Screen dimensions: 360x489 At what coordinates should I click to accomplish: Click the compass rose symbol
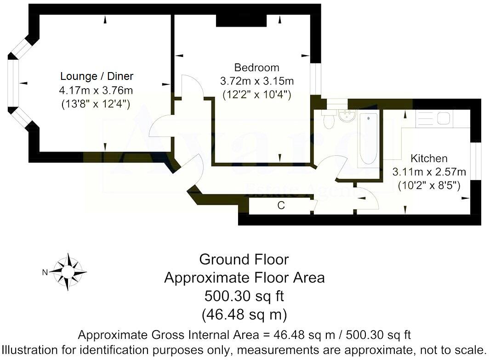(68, 271)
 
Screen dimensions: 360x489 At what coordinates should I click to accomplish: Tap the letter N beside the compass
(45, 272)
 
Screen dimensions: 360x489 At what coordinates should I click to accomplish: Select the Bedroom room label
(256, 67)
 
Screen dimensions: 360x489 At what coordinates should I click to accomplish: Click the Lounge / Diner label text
(97, 76)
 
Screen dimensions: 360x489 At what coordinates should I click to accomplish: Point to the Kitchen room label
(428, 159)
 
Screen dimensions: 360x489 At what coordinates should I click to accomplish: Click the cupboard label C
(281, 206)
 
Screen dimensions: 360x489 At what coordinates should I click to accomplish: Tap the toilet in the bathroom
(329, 121)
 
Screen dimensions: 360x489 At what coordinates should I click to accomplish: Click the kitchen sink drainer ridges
(425, 119)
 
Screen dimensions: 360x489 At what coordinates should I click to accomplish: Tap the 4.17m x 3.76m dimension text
(97, 90)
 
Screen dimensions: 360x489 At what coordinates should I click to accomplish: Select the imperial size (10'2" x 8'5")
(429, 186)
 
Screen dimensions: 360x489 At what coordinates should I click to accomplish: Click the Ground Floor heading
(244, 259)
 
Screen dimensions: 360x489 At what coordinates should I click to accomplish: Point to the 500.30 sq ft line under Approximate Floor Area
(244, 296)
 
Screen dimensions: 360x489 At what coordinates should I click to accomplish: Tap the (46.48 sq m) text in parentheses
(244, 315)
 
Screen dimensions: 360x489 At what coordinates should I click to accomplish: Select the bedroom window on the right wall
(315, 80)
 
